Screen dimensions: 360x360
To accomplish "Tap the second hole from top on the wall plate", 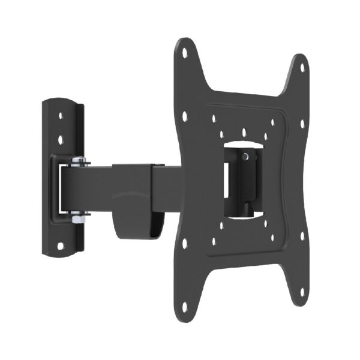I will tap(61, 140).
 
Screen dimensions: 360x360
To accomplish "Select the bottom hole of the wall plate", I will tap(61, 245).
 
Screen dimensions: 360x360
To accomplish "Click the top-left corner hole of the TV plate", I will tap(184, 53).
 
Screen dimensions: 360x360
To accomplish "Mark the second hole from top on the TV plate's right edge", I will tap(272, 123).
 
